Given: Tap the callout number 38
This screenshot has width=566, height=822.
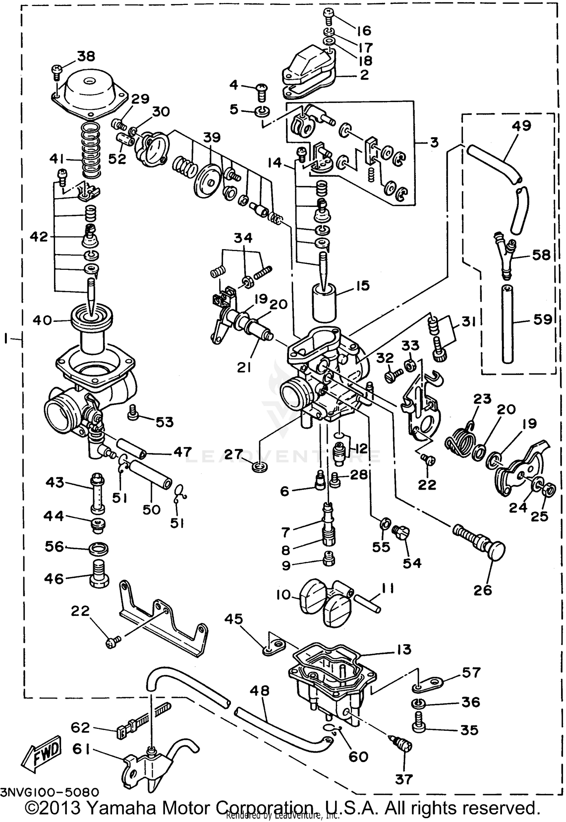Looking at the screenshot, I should click(86, 56).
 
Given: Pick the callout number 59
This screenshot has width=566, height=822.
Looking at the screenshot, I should click(542, 320).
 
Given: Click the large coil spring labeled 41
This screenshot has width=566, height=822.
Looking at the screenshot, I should click(90, 151).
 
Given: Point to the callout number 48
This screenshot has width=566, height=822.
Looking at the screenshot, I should click(260, 690).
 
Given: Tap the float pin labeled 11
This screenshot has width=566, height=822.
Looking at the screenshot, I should click(367, 603).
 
